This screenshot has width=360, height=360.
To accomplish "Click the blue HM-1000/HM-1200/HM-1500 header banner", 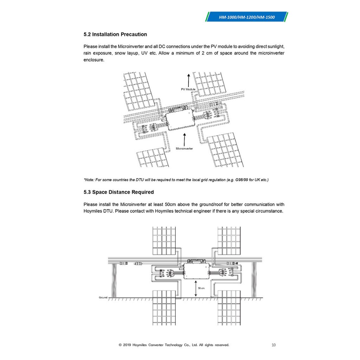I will coord(247,17).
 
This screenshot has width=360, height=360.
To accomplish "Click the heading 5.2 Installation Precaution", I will coord(115,34).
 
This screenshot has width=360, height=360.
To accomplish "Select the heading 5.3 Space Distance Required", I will coord(118,192).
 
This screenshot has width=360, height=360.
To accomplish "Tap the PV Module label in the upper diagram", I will coord(188,90).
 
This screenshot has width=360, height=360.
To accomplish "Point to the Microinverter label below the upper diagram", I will coord(184,149).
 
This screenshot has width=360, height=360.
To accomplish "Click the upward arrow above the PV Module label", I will coord(188,80).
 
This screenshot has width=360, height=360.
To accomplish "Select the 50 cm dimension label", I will coord(201,288).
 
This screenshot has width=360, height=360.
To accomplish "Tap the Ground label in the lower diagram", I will coord(103,297).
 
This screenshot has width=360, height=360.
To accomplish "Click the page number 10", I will coord(274,345).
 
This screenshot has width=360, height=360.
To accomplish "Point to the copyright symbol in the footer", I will coord(120,345).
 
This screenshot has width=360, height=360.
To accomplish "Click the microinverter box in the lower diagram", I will coord(195,271).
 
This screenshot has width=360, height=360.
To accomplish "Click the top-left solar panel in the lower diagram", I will coord(164,240).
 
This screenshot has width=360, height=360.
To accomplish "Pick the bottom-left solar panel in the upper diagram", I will coord(152,157).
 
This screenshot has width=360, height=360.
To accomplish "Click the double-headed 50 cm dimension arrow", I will coord(195,288).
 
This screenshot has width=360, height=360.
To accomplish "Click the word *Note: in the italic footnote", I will coord(90,180).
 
